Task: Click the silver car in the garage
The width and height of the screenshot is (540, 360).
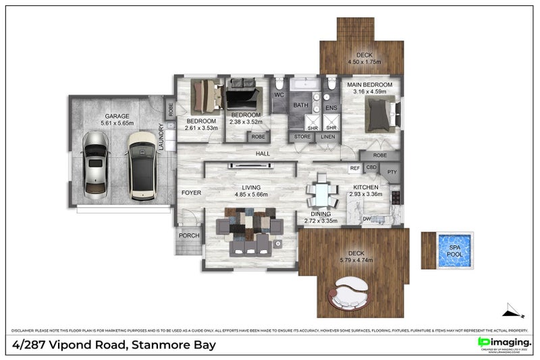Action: click(95, 165)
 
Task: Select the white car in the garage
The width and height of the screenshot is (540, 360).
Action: click(142, 165)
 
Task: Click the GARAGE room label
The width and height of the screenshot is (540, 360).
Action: click(117, 115)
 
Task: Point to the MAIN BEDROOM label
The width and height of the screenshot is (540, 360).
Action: click(370, 86)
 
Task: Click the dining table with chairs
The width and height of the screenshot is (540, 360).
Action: click(321, 195)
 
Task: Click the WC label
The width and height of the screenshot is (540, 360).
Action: click(279, 95)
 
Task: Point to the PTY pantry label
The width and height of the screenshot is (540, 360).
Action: click(392, 172)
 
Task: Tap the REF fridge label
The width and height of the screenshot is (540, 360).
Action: click(354, 168)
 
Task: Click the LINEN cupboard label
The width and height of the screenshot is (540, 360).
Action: click(327, 137)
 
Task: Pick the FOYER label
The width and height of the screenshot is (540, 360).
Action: click(191, 192)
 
